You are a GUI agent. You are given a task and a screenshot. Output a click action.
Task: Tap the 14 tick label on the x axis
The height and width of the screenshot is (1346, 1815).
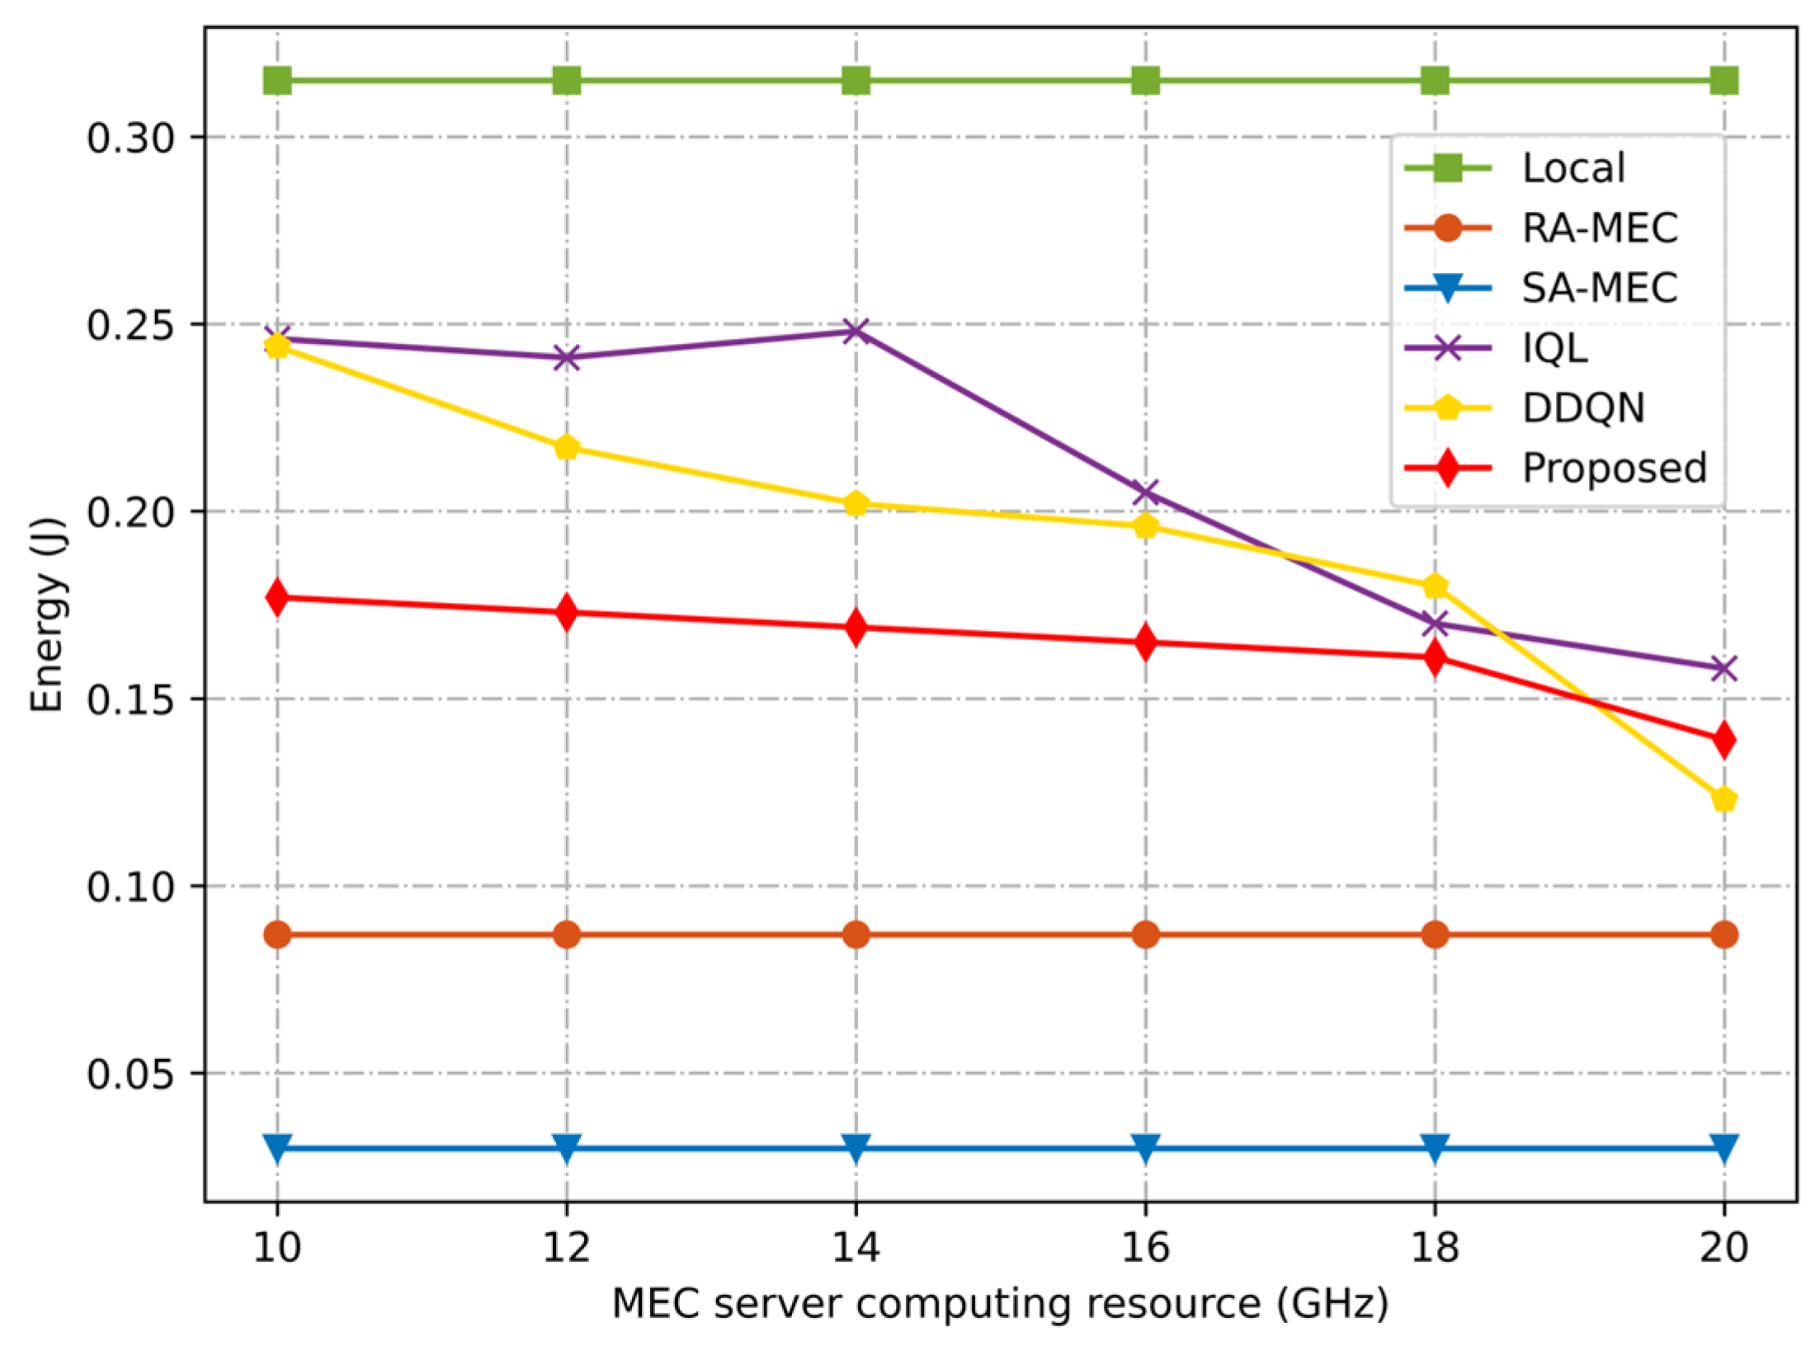tap(855, 1247)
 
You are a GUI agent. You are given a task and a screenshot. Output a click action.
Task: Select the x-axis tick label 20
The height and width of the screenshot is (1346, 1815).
tap(1723, 1247)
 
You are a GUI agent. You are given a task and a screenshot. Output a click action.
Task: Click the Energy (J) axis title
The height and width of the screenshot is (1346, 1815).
tap(47, 614)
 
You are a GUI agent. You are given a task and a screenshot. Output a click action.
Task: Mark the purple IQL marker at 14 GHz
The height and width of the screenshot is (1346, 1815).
tap(856, 332)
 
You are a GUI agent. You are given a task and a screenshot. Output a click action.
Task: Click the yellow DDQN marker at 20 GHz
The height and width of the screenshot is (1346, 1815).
tap(1723, 799)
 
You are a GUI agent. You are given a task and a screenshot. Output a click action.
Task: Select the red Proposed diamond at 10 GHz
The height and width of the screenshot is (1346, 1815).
tap(277, 597)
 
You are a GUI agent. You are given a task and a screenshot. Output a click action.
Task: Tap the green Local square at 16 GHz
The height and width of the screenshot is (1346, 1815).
tap(1145, 81)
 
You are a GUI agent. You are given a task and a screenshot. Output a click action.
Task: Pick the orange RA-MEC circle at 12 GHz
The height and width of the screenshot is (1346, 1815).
tap(566, 934)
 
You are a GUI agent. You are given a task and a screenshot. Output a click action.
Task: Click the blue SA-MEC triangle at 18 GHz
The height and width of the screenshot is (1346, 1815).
tap(1435, 1147)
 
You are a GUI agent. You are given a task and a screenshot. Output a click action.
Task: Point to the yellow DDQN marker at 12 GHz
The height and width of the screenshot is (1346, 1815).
tap(566, 448)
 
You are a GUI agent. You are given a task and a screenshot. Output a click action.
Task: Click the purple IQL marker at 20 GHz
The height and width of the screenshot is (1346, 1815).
tap(1723, 668)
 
